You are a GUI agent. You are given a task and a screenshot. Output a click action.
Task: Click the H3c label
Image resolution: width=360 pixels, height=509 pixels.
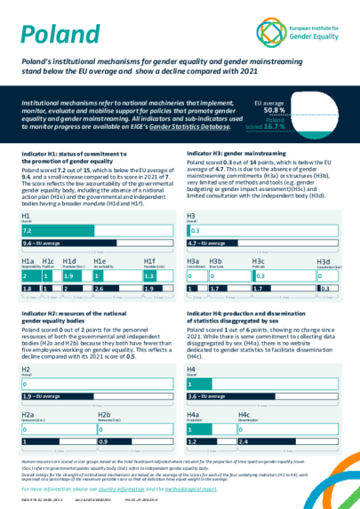coord(259,261)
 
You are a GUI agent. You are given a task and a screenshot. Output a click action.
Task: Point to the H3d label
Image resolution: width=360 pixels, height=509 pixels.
coord(324,262)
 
